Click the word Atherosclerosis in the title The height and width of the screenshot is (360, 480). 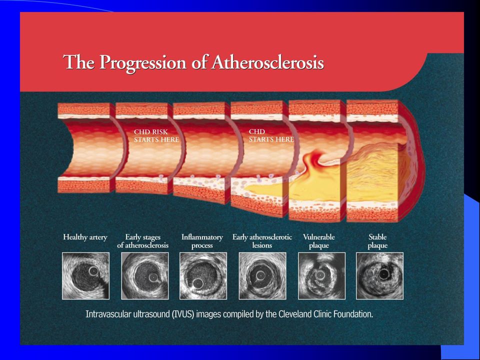click(x=267, y=62)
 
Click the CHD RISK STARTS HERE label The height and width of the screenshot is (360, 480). click(x=156, y=135)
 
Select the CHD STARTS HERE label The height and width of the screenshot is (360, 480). click(x=271, y=135)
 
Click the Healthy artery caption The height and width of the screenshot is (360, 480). click(x=85, y=237)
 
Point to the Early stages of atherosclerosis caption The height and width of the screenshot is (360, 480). click(x=142, y=241)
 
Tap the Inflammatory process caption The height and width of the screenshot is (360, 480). click(x=202, y=241)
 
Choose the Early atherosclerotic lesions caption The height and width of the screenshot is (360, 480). click(x=262, y=241)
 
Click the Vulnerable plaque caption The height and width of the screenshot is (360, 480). click(x=319, y=241)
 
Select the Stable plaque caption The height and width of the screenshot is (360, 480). click(x=378, y=241)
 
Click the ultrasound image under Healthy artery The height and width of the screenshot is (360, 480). click(x=85, y=276)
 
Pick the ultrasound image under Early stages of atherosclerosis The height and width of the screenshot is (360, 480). click(x=145, y=276)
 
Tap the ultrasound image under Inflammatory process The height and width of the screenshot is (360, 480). click(x=203, y=276)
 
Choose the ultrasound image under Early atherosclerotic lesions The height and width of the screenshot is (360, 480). click(x=262, y=276)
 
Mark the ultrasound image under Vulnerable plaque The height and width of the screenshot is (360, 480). click(x=321, y=276)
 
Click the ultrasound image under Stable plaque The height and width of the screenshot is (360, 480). click(x=380, y=276)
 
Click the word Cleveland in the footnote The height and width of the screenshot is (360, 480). click(x=293, y=314)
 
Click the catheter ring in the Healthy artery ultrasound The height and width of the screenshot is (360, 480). click(x=93, y=270)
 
